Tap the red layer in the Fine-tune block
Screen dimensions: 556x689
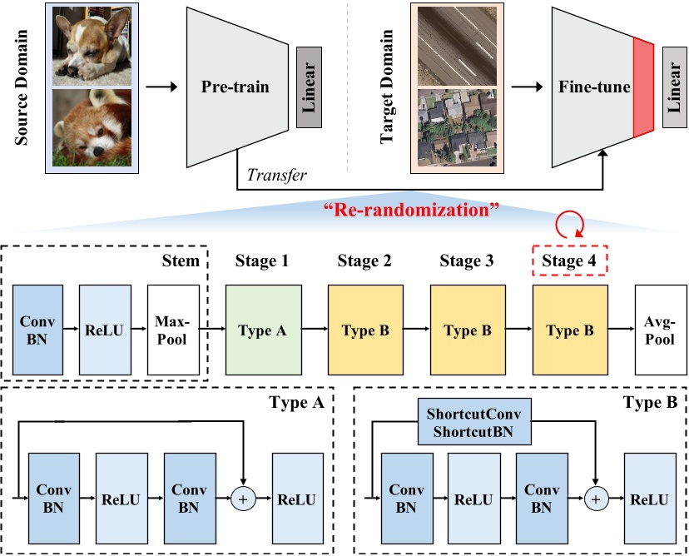(644, 87)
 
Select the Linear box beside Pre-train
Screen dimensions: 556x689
(308, 87)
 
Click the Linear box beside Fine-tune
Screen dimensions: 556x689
(675, 87)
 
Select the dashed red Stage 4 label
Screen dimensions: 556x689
(569, 261)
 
